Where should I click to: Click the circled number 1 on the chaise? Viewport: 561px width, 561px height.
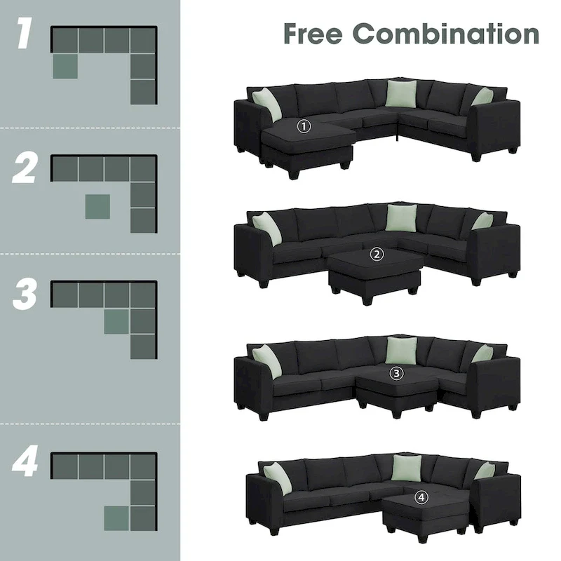click(x=304, y=126)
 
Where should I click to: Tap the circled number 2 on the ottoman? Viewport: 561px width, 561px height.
click(x=377, y=255)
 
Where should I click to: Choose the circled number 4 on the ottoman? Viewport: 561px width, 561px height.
click(x=420, y=497)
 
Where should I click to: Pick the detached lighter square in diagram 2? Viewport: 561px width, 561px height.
click(x=97, y=207)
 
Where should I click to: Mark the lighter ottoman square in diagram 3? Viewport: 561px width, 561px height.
click(x=116, y=321)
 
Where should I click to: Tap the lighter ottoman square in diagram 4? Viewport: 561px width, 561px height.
click(x=116, y=518)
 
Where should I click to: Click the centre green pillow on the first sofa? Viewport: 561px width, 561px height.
click(x=401, y=93)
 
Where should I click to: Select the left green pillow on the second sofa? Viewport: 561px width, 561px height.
click(x=267, y=228)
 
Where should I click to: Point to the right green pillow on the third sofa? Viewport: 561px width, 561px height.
click(x=482, y=353)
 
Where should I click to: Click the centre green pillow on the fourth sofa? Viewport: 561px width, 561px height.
click(x=405, y=468)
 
